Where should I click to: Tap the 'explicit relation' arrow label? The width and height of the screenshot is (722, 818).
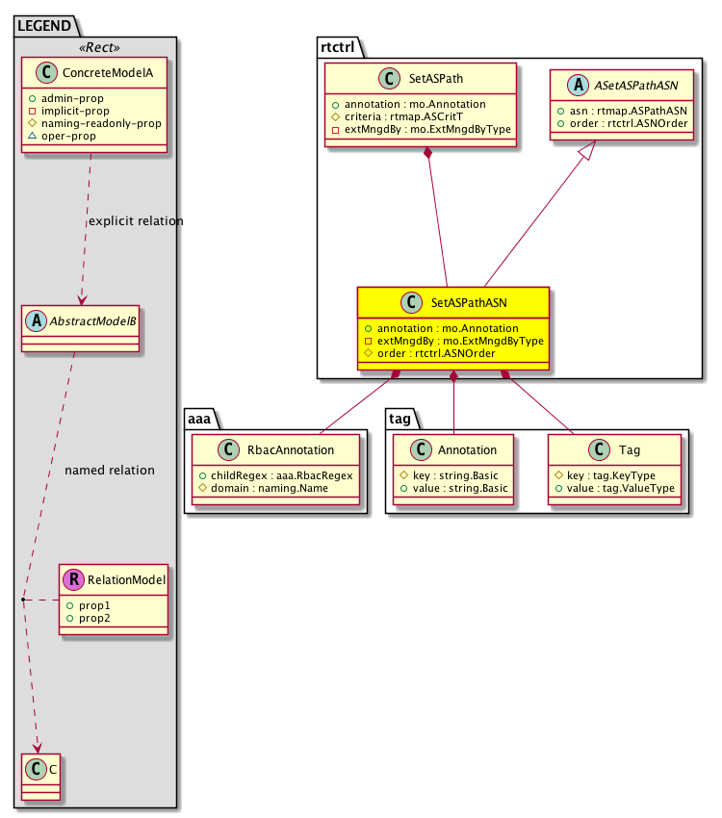(x=136, y=221)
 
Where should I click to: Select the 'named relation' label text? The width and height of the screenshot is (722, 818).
(x=109, y=471)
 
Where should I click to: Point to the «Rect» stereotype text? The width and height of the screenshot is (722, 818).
(x=93, y=46)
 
